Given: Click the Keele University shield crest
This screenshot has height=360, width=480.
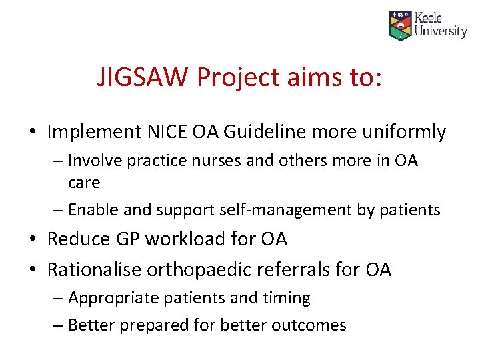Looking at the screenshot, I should click(400, 25).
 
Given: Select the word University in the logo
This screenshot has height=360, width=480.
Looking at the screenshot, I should click(441, 31).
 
